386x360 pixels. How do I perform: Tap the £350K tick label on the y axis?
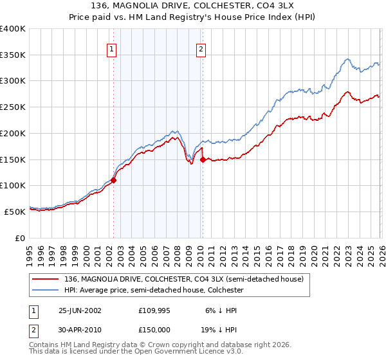tap(13, 55)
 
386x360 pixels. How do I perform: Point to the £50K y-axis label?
tap(15, 212)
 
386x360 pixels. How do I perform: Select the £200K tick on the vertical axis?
tap(13, 134)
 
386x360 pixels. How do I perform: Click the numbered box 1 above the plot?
tap(112, 49)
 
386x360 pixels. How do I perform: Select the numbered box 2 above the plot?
tap(201, 49)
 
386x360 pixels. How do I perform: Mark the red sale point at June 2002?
tap(114, 181)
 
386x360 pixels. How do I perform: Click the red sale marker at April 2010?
tap(203, 159)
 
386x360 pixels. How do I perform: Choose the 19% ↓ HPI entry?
tap(218, 328)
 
